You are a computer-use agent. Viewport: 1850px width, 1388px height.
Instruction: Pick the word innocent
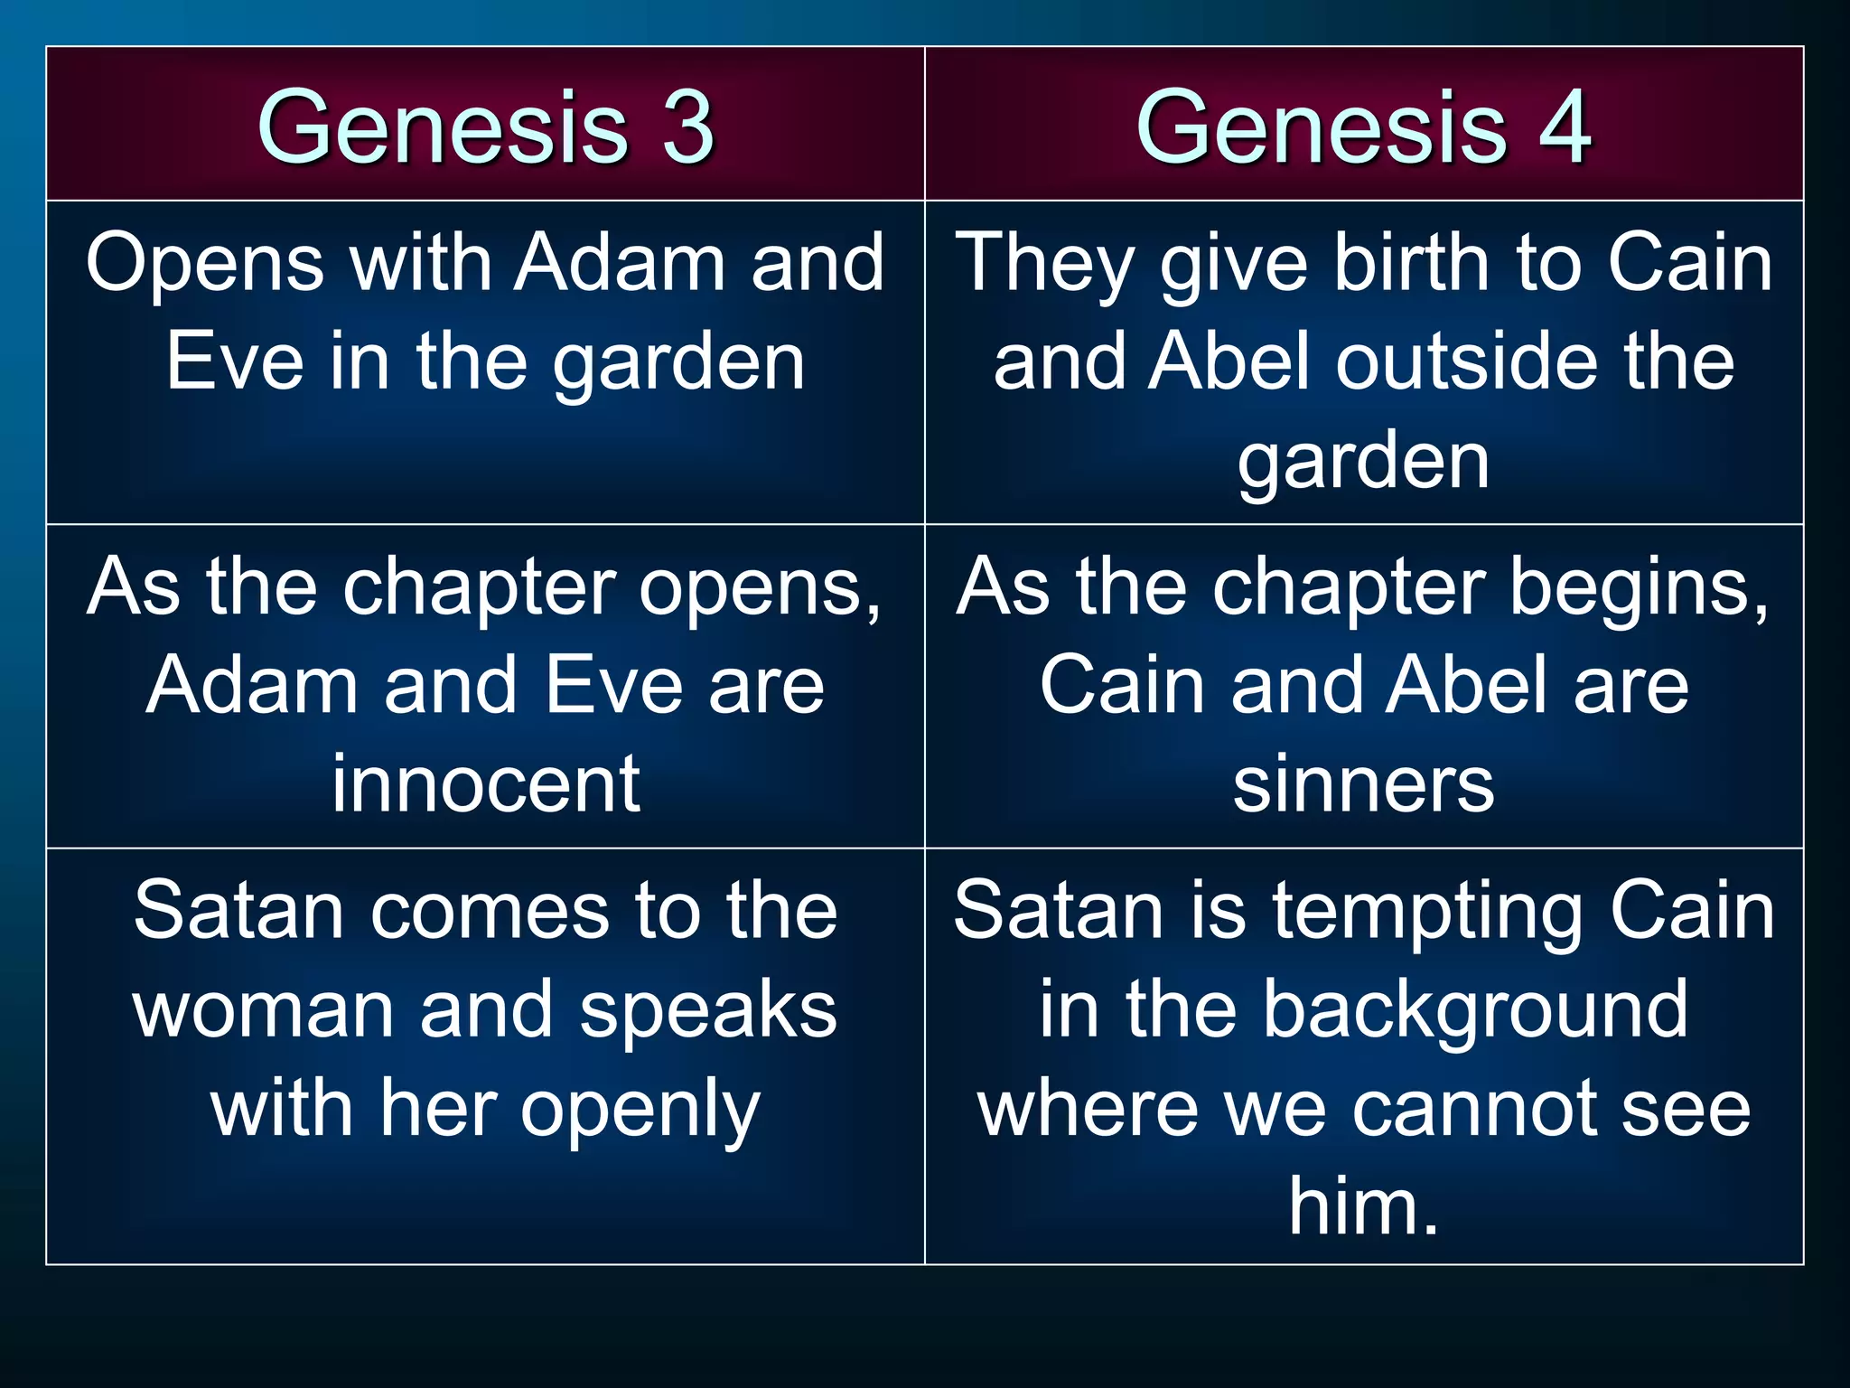click(x=486, y=783)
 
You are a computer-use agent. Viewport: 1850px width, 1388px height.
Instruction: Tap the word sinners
click(x=1364, y=783)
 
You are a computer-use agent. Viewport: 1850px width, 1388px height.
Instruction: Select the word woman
click(x=263, y=1009)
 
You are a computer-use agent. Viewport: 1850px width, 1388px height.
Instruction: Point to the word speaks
click(x=708, y=1009)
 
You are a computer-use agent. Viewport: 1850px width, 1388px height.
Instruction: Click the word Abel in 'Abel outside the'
click(x=1229, y=361)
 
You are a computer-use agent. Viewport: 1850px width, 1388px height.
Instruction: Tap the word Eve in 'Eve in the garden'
click(x=235, y=361)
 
